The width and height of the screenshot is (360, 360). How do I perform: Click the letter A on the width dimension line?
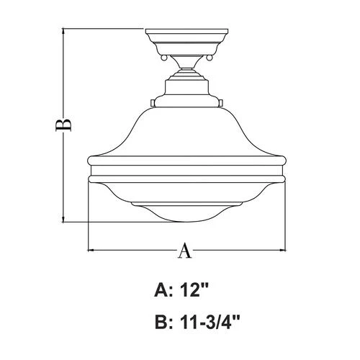[186, 251]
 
